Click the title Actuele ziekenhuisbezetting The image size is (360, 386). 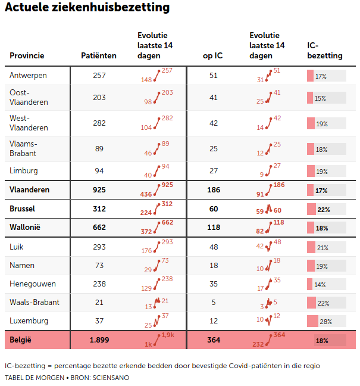pyautogui.click(x=87, y=8)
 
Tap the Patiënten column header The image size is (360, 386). pyautogui.click(x=99, y=56)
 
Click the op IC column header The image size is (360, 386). pyautogui.click(x=213, y=56)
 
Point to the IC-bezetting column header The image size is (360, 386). pyautogui.click(x=324, y=51)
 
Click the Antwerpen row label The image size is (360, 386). pyautogui.click(x=28, y=76)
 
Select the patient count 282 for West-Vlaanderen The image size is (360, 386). pyautogui.click(x=99, y=123)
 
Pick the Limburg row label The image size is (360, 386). pyautogui.click(x=24, y=171)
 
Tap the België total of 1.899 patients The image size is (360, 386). pyautogui.click(x=99, y=340)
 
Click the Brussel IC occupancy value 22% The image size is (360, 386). pyautogui.click(x=324, y=209)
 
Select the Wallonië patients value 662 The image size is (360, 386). pyautogui.click(x=99, y=228)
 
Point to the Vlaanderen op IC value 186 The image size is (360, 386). pyautogui.click(x=213, y=190)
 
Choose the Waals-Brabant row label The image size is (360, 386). pyautogui.click(x=35, y=303)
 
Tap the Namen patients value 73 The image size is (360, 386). pyautogui.click(x=99, y=265)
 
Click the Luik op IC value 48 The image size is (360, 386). pyautogui.click(x=213, y=247)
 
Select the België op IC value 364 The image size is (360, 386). pyautogui.click(x=213, y=340)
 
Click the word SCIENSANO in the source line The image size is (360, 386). pyautogui.click(x=110, y=378)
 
